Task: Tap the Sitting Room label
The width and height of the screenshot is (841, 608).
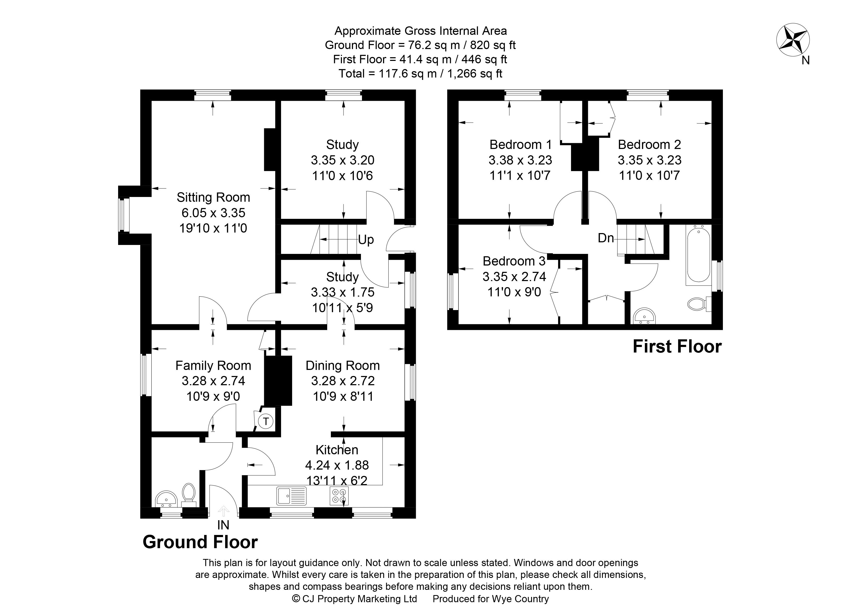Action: (x=213, y=197)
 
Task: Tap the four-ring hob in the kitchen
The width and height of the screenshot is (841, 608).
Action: (x=339, y=496)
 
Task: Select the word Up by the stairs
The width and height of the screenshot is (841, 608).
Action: (x=366, y=240)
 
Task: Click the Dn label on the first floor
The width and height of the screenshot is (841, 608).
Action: (x=606, y=238)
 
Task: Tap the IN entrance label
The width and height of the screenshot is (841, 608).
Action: (x=223, y=525)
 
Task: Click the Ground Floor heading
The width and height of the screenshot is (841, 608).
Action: (x=200, y=542)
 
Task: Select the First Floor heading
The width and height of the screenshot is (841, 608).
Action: (x=677, y=347)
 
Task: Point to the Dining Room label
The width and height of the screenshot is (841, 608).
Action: (x=343, y=365)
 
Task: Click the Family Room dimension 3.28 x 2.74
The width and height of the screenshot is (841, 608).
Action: (x=213, y=381)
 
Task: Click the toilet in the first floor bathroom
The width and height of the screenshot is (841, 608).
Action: (x=697, y=304)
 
